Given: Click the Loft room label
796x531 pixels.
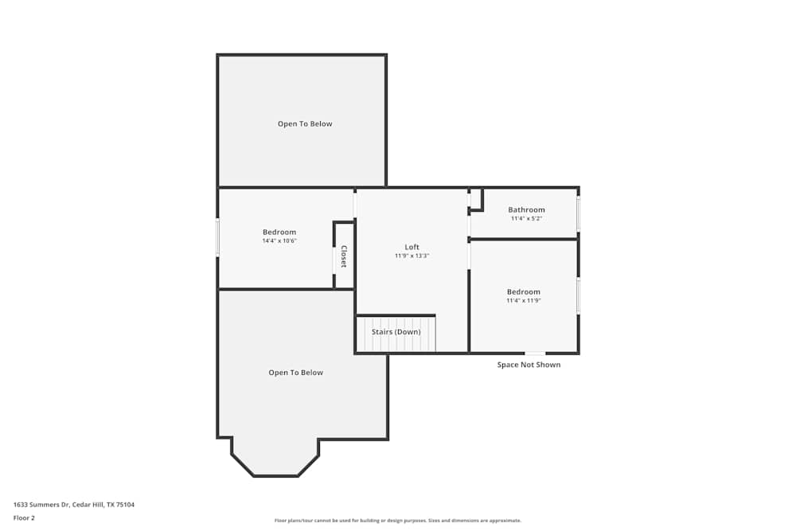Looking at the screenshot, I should coord(412,247).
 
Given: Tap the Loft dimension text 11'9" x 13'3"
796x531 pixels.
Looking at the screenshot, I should coord(412,256).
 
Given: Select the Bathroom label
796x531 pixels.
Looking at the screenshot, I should coord(526,210).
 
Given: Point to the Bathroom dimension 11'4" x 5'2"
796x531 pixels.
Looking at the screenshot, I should coord(526,219).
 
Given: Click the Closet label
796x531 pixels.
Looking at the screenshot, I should coord(344,256).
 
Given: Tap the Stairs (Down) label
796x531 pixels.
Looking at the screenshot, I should coord(396,331).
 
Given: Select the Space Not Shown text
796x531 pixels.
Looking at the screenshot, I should coord(529,365).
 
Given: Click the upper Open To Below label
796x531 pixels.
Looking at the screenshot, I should coord(305,124).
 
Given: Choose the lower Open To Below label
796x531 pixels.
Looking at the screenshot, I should coord(295,373).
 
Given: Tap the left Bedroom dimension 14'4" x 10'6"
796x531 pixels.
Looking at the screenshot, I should coord(279,240).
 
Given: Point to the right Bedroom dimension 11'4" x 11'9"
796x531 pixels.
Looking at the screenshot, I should coord(523,301).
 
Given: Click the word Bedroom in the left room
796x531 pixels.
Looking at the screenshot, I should coord(279,232).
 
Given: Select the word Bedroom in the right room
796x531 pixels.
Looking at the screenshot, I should coord(523,292).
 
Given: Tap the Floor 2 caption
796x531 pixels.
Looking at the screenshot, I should coord(24,517).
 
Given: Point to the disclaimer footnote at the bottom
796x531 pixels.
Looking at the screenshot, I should coord(398,521).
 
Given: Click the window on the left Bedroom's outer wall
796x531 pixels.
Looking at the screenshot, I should coord(217,237).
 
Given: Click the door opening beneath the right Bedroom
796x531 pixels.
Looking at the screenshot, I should coord(535,353).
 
